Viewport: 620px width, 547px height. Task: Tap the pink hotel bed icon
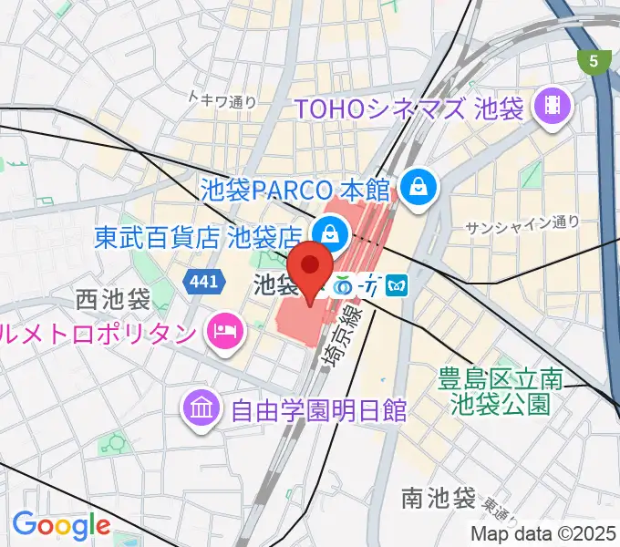[x=222, y=327]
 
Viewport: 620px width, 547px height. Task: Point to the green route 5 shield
[x=594, y=62]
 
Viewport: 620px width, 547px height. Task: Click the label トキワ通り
[x=222, y=101]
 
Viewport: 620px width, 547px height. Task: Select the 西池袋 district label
[x=113, y=299]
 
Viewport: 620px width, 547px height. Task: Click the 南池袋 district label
[x=439, y=499]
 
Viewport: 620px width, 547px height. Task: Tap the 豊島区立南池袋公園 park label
[x=498, y=389]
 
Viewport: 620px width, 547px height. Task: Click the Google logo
[x=61, y=525]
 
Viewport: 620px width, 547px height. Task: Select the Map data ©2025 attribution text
[x=543, y=533]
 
